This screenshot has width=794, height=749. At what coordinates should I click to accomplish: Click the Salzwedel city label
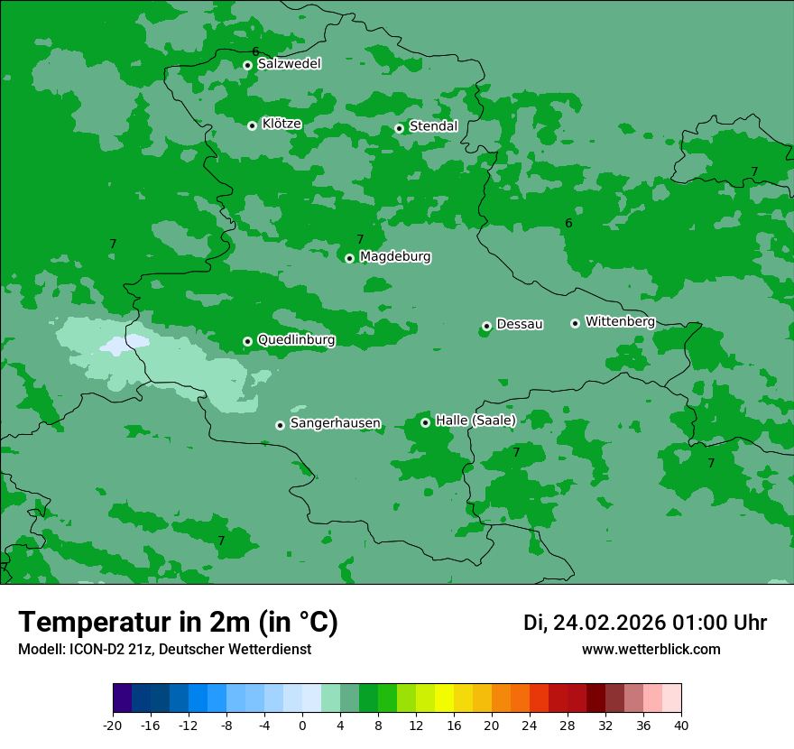[289, 64]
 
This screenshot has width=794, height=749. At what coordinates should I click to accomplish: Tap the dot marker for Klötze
[252, 125]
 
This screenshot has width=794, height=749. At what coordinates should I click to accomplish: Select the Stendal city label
[433, 126]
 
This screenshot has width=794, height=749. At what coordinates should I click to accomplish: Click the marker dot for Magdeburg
[350, 258]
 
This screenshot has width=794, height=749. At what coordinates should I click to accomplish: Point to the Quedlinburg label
[296, 340]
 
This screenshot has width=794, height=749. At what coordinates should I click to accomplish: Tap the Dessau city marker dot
[486, 326]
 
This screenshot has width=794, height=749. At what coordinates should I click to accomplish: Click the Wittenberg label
[619, 321]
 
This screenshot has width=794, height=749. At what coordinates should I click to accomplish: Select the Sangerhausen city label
[335, 423]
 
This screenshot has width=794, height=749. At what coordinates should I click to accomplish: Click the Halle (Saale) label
[475, 421]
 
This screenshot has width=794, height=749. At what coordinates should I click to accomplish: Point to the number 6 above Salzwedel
[255, 51]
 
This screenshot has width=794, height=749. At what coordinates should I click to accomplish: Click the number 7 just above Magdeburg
[360, 239]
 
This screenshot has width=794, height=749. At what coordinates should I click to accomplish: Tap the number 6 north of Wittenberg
[568, 223]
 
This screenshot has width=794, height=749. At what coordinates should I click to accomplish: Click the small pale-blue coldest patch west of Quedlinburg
[125, 344]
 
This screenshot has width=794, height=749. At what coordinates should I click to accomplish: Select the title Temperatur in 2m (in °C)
[178, 622]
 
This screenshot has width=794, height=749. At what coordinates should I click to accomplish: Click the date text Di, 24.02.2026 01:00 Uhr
[644, 623]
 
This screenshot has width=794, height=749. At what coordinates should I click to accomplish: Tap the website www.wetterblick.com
[651, 649]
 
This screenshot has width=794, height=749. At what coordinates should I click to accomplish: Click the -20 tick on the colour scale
[113, 725]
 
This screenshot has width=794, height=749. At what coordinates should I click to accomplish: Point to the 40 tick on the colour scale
[680, 725]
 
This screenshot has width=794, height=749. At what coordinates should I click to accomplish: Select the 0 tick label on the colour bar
[301, 725]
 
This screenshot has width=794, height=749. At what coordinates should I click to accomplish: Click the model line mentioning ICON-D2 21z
[164, 649]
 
